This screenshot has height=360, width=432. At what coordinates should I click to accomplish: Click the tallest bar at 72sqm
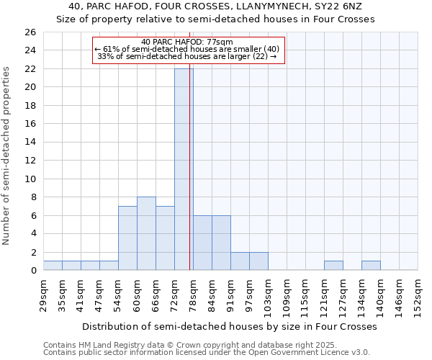click(x=184, y=169)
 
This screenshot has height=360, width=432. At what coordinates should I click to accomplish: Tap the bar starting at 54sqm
click(x=127, y=238)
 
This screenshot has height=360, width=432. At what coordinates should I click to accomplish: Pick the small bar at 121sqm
click(x=333, y=266)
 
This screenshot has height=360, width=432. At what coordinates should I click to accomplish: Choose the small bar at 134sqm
click(x=371, y=266)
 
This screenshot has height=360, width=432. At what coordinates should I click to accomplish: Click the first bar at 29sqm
click(x=53, y=266)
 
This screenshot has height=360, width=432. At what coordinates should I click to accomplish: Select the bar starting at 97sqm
click(x=258, y=261)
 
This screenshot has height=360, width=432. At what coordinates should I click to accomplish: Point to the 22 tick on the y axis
click(x=31, y=69)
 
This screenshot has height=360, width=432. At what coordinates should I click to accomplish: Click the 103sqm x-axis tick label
click(x=269, y=294)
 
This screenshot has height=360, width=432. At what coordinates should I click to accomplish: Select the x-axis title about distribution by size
click(x=230, y=326)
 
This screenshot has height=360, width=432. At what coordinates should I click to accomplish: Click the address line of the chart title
click(x=215, y=6)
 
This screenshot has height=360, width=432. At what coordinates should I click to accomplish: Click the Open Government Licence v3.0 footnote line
click(x=206, y=353)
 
